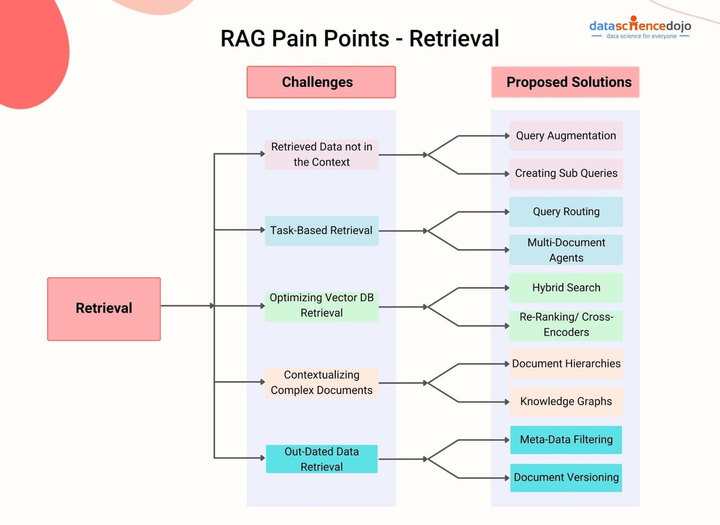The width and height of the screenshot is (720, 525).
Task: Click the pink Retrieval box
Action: [104, 309]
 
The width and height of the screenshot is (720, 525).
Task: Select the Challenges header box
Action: [321, 82]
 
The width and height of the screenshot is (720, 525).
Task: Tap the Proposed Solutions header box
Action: [565, 82]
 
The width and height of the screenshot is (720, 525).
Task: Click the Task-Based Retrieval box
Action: [321, 230]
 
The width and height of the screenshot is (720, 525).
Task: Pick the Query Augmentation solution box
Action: [566, 135]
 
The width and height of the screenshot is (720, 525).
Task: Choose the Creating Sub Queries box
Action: [566, 173]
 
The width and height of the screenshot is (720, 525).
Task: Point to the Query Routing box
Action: [566, 211]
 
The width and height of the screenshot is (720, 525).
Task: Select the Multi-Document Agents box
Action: [566, 250]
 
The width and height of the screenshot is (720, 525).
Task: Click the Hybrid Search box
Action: [566, 287]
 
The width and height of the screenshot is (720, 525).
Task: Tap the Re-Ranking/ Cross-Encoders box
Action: [566, 325]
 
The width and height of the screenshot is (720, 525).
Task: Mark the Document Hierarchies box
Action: [566, 363]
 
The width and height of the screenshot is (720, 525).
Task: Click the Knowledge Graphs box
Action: [566, 401]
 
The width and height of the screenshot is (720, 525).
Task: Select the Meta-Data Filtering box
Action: [566, 440]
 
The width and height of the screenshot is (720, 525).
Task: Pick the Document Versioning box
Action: [566, 477]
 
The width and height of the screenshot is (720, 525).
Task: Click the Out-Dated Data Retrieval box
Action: [321, 459]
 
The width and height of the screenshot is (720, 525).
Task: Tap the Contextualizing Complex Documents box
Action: [321, 382]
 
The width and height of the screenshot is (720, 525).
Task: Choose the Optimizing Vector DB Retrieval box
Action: [321, 305]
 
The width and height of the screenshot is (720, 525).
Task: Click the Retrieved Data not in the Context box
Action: [321, 154]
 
